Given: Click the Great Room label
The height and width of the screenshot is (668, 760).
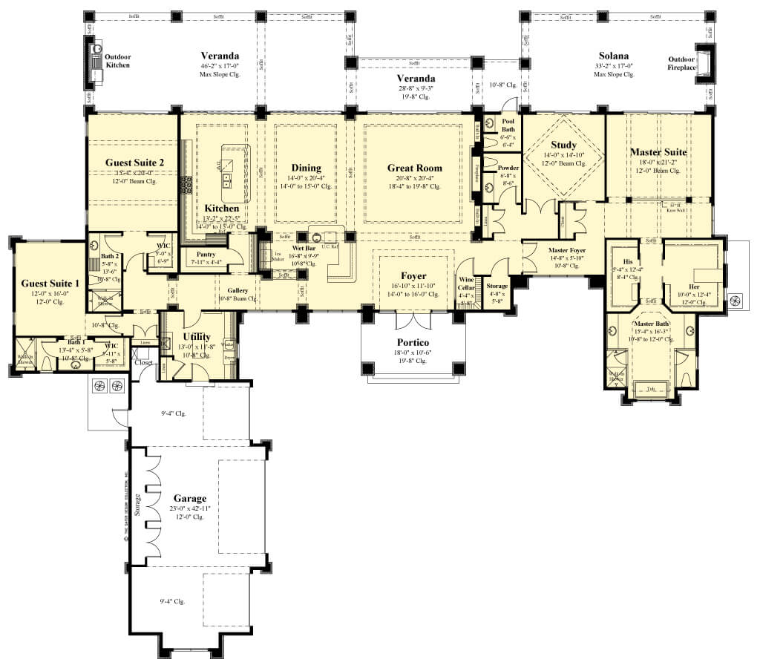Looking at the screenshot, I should point(414,168).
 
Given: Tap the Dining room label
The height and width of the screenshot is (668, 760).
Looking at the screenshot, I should point(306,168).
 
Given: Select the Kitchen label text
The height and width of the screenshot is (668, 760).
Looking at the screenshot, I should point(222,209).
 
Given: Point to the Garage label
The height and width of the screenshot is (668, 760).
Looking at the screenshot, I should point(190,498).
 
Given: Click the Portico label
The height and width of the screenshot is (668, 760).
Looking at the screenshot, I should point(413,344).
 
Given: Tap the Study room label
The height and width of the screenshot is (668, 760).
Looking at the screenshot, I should point(564,145).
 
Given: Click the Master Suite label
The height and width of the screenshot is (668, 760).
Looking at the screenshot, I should point(658,152).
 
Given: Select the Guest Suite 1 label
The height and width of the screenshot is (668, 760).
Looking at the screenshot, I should point(50,283).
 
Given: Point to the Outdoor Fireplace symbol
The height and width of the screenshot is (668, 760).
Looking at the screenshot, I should point(705,64).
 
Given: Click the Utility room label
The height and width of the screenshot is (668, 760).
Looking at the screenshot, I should point(197,336).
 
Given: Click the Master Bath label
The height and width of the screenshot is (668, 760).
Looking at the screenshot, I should point(651,324).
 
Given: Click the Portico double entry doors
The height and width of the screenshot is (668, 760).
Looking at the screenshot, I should point(413,321).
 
